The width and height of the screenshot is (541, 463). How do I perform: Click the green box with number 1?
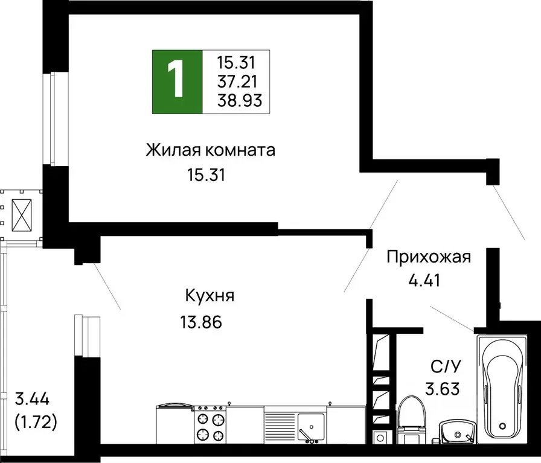(177, 83)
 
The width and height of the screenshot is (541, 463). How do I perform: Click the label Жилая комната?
(210, 150)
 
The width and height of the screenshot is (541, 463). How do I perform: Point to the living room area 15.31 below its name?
(206, 176)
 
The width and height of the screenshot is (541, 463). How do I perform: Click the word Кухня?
(210, 296)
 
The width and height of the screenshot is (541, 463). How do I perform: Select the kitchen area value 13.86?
(201, 322)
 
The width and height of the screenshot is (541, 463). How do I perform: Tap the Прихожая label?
(428, 258)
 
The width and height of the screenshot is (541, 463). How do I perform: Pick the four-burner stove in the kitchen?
(210, 426)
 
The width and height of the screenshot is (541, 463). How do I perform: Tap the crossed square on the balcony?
(22, 212)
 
